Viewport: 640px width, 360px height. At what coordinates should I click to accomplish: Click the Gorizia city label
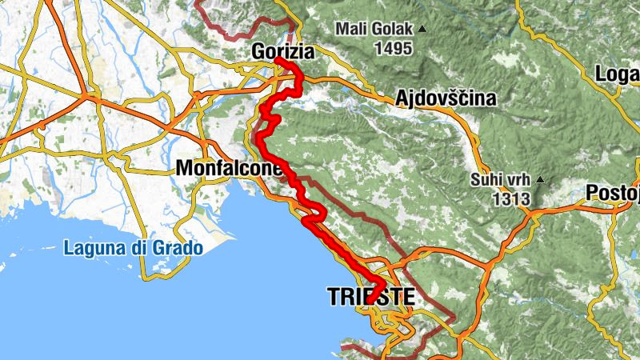(284, 50)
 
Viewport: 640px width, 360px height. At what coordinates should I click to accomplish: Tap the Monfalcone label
(228, 169)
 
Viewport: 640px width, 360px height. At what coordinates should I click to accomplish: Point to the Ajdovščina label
(446, 98)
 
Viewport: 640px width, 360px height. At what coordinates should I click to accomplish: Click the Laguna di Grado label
(133, 248)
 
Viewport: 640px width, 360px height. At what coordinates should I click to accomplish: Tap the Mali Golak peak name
(374, 30)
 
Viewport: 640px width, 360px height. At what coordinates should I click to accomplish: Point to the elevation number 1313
(513, 198)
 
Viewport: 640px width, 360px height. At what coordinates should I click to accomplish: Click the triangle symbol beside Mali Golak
(422, 30)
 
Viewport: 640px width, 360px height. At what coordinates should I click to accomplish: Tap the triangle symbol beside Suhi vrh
(541, 179)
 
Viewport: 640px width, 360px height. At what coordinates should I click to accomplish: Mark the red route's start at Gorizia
(276, 60)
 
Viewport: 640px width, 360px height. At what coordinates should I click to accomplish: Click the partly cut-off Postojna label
(613, 193)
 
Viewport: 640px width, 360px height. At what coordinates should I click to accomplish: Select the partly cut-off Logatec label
(618, 74)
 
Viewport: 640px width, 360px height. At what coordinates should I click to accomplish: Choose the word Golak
(392, 30)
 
